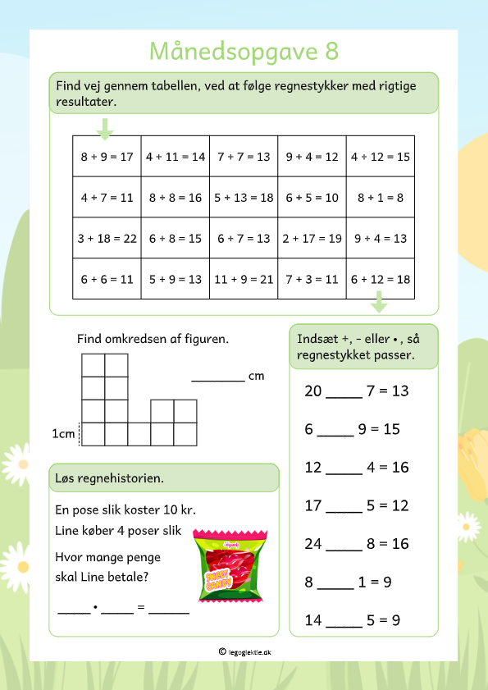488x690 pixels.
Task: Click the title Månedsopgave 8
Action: pyautogui.click(x=244, y=51)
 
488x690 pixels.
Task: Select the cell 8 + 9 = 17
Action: pyautogui.click(x=107, y=157)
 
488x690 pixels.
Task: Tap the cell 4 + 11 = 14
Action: pyautogui.click(x=176, y=157)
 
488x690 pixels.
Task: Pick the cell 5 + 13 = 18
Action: pyautogui.click(x=244, y=198)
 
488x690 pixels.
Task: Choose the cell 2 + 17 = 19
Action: pyautogui.click(x=312, y=239)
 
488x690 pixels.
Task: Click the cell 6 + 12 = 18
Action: pyautogui.click(x=381, y=279)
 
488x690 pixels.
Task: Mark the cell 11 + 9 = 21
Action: pyautogui.click(x=244, y=279)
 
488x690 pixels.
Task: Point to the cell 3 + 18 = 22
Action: pyautogui.click(x=107, y=239)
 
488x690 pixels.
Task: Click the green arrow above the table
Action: pyautogui.click(x=104, y=127)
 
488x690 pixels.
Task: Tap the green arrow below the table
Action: pyautogui.click(x=379, y=305)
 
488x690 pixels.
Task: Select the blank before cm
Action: pyautogui.click(x=217, y=377)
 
